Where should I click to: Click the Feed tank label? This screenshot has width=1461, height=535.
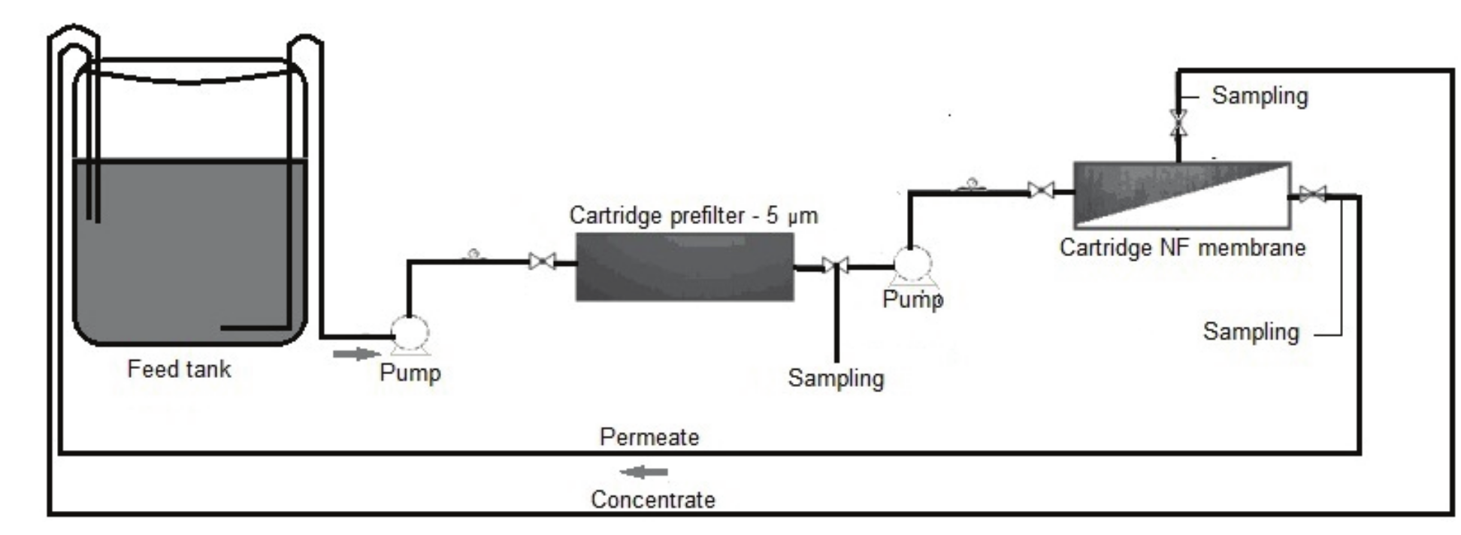coord(179,369)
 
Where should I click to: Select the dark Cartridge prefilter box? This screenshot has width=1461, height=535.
coord(685,267)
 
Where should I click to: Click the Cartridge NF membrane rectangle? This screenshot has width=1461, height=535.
coord(1181,195)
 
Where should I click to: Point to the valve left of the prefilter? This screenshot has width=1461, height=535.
coord(542,261)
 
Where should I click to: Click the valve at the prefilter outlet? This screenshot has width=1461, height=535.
coord(835,265)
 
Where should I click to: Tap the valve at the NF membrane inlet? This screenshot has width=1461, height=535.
coord(1041,190)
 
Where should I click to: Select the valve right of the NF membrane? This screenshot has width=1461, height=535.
coord(1312,195)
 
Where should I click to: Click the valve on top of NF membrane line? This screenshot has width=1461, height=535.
coord(1178,122)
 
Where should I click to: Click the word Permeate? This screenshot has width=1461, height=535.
coord(649,437)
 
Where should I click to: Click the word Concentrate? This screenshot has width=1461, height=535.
coord(653,500)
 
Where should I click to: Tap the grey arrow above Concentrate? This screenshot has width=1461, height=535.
coord(644,473)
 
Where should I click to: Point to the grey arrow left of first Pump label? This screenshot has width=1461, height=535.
coord(356,354)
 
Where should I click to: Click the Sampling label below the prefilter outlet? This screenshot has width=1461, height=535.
coord(836,378)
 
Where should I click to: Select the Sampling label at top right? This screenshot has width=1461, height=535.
coord(1260,96)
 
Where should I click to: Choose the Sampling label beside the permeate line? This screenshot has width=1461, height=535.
coord(1251,331)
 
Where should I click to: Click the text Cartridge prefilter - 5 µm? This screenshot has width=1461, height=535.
coord(693,216)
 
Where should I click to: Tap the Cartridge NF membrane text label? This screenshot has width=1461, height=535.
coord(1182,247)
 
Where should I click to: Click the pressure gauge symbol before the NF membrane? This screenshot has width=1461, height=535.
coord(971,184)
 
